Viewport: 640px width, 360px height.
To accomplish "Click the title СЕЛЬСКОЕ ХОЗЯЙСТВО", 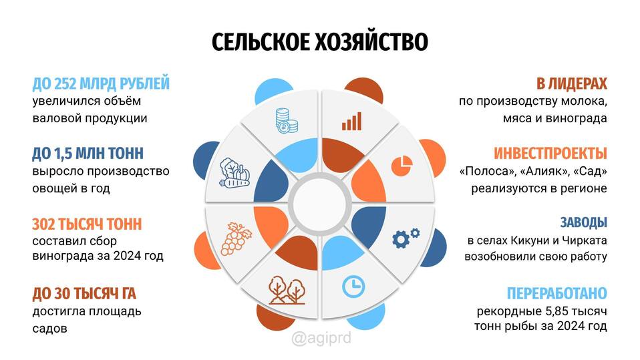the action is (x=319, y=41).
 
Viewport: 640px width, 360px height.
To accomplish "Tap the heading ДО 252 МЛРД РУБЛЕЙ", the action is (x=101, y=83).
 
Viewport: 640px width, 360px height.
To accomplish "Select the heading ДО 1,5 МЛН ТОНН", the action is (x=88, y=154).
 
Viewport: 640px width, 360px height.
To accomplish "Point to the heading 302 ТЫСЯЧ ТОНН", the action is (x=87, y=224).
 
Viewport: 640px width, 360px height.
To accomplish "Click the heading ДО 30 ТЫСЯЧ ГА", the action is (x=84, y=293).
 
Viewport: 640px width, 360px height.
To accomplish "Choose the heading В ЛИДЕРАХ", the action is (x=571, y=83).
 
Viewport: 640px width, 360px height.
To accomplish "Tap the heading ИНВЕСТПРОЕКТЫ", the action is (x=550, y=154).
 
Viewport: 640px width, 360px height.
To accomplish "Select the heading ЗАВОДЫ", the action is (x=583, y=222).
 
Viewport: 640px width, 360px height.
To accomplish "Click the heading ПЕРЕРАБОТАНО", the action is (x=556, y=293).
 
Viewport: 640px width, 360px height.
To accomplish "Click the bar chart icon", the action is (x=351, y=122).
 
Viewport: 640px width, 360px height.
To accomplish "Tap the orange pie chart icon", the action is (x=402, y=166).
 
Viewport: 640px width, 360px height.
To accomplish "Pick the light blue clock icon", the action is (x=353, y=287).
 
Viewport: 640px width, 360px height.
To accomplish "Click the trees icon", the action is (x=287, y=290).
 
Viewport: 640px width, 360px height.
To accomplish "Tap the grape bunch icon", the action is (x=236, y=239).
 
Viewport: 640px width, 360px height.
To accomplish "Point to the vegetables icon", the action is (x=234, y=172).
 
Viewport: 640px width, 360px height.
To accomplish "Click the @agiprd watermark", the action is (x=321, y=339).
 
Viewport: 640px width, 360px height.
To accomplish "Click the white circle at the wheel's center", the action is (x=320, y=204).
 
